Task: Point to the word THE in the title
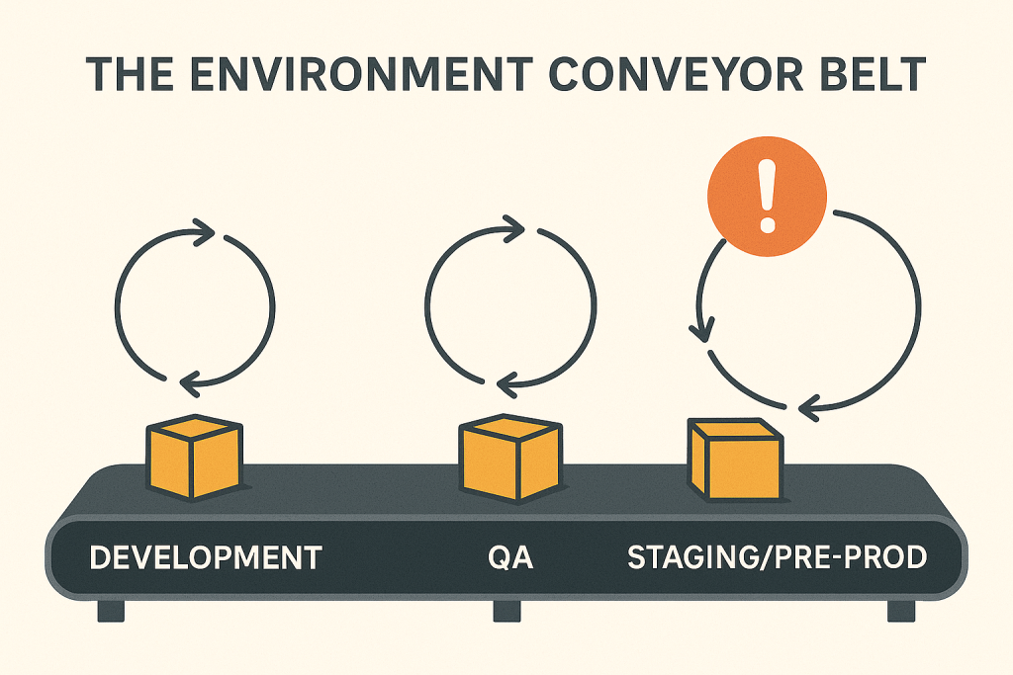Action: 130,74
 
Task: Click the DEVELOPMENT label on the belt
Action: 206,557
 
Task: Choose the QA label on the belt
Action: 510,557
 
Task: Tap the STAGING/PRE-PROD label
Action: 778,557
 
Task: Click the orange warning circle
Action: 767,197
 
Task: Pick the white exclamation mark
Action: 767,197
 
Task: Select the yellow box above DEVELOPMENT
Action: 194,457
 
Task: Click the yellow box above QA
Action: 509,457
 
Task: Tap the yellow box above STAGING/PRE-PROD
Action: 735,460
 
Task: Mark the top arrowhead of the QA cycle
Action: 513,229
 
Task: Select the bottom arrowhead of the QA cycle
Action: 507,385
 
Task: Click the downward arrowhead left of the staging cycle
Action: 702,329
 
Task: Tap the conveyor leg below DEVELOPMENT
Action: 111,611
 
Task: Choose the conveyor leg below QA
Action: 506,611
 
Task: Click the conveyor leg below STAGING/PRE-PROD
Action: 900,611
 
